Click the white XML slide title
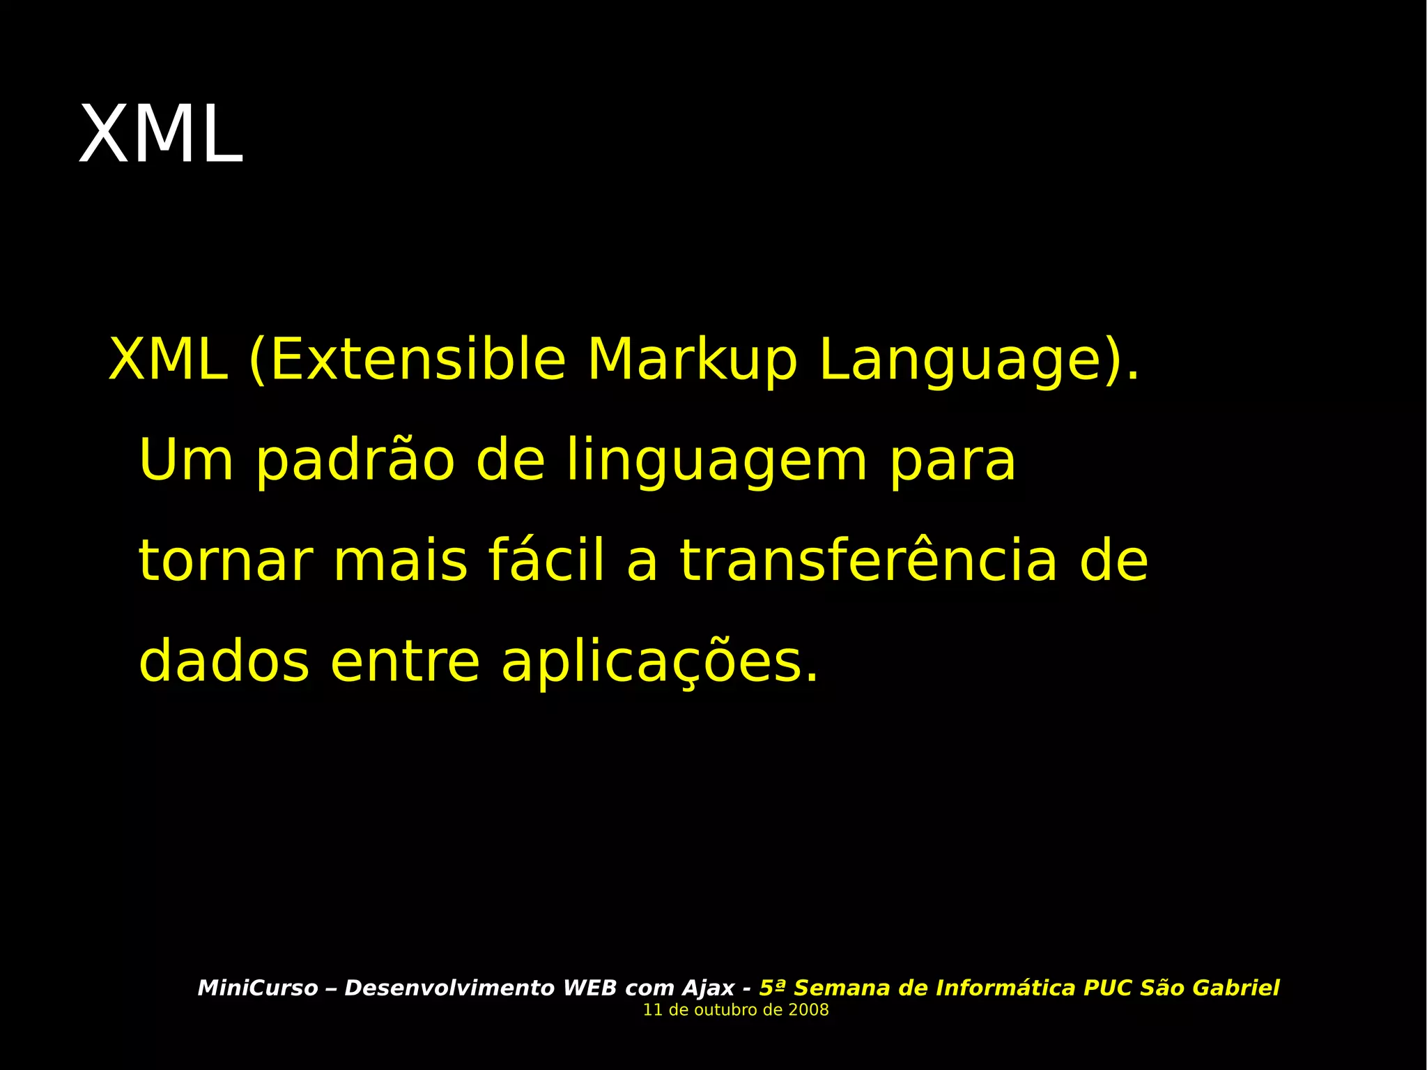coord(161,135)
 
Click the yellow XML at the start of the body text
coord(168,360)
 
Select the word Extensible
coord(416,360)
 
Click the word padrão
coord(355,460)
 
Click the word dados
coord(224,662)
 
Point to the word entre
coord(405,662)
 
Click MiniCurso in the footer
coord(258,988)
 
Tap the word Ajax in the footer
coord(707,988)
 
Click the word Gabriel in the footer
coord(1235,988)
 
